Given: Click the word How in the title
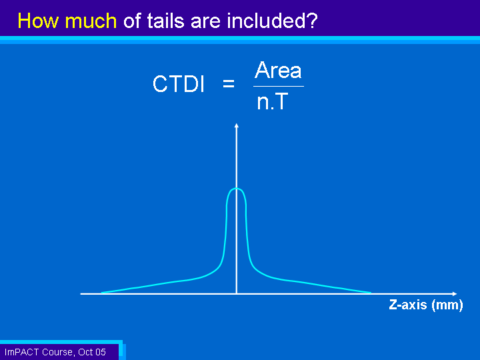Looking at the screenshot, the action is pos(37,21).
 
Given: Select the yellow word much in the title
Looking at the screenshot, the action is pos(91,21).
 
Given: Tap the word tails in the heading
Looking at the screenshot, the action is pos(165,21).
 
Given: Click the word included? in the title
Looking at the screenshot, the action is pos(272,21).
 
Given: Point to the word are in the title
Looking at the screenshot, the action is pos(205,22).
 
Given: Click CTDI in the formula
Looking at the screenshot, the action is pos(178,84).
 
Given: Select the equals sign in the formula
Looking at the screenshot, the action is pos(229,83).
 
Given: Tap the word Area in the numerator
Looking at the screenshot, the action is pos(278,70).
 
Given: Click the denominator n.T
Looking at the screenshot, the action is pos(273,101).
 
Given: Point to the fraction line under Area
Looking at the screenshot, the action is pos(279,86).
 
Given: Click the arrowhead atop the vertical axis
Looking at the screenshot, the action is pos(236,125).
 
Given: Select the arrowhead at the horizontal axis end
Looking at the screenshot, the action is pos(455,294).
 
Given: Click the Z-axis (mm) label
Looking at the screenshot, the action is pos(426,305).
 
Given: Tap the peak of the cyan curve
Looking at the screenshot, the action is pos(236,189).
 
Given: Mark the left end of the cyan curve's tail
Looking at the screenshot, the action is pos(101,293).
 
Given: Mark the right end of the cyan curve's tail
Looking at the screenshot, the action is pos(371,293).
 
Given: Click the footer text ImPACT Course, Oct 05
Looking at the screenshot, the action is pos(55,352).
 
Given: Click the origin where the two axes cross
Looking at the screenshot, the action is pos(236,294).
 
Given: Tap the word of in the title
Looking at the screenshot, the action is pos(132,21).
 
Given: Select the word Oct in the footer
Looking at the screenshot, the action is pos(85,352).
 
